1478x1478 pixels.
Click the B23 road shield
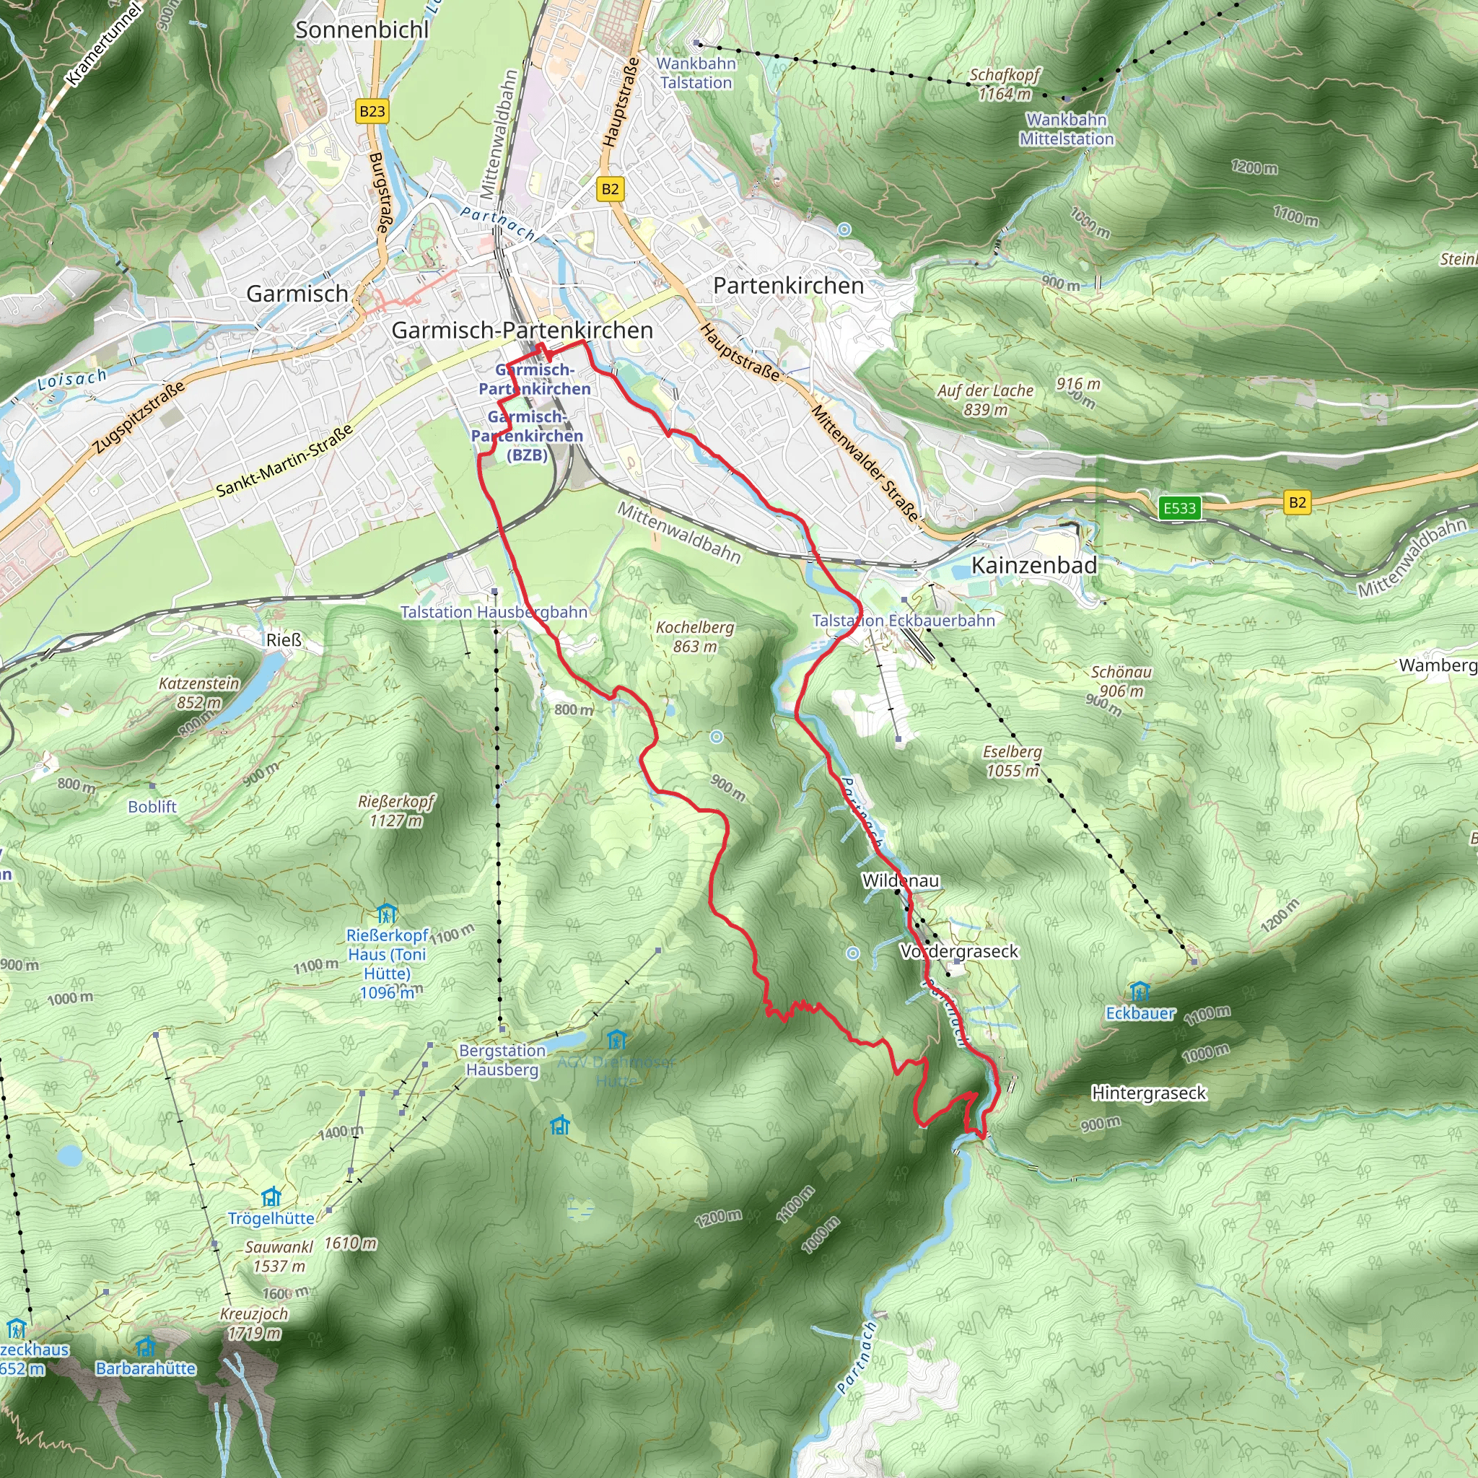[372, 112]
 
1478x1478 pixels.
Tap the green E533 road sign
[1179, 508]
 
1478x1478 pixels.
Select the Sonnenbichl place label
[362, 30]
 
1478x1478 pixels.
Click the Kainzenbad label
[1033, 565]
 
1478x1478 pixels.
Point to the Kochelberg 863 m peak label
[695, 637]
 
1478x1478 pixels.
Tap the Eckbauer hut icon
[1140, 992]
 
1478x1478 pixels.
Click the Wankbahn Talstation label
[696, 74]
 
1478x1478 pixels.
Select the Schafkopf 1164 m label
[1005, 84]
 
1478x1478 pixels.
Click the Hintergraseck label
[1148, 1093]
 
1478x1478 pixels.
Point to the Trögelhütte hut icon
[271, 1197]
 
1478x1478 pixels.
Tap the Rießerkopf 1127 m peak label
[396, 811]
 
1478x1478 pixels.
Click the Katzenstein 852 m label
[199, 692]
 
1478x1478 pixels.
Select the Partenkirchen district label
[788, 286]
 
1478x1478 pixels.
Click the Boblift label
[152, 806]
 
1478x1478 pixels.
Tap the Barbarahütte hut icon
[145, 1346]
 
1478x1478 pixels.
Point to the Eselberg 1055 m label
[1012, 761]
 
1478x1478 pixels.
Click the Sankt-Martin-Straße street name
[284, 460]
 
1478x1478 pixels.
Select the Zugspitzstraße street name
[139, 417]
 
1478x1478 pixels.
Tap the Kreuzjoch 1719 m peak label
[254, 1324]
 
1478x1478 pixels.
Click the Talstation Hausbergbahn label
[494, 612]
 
